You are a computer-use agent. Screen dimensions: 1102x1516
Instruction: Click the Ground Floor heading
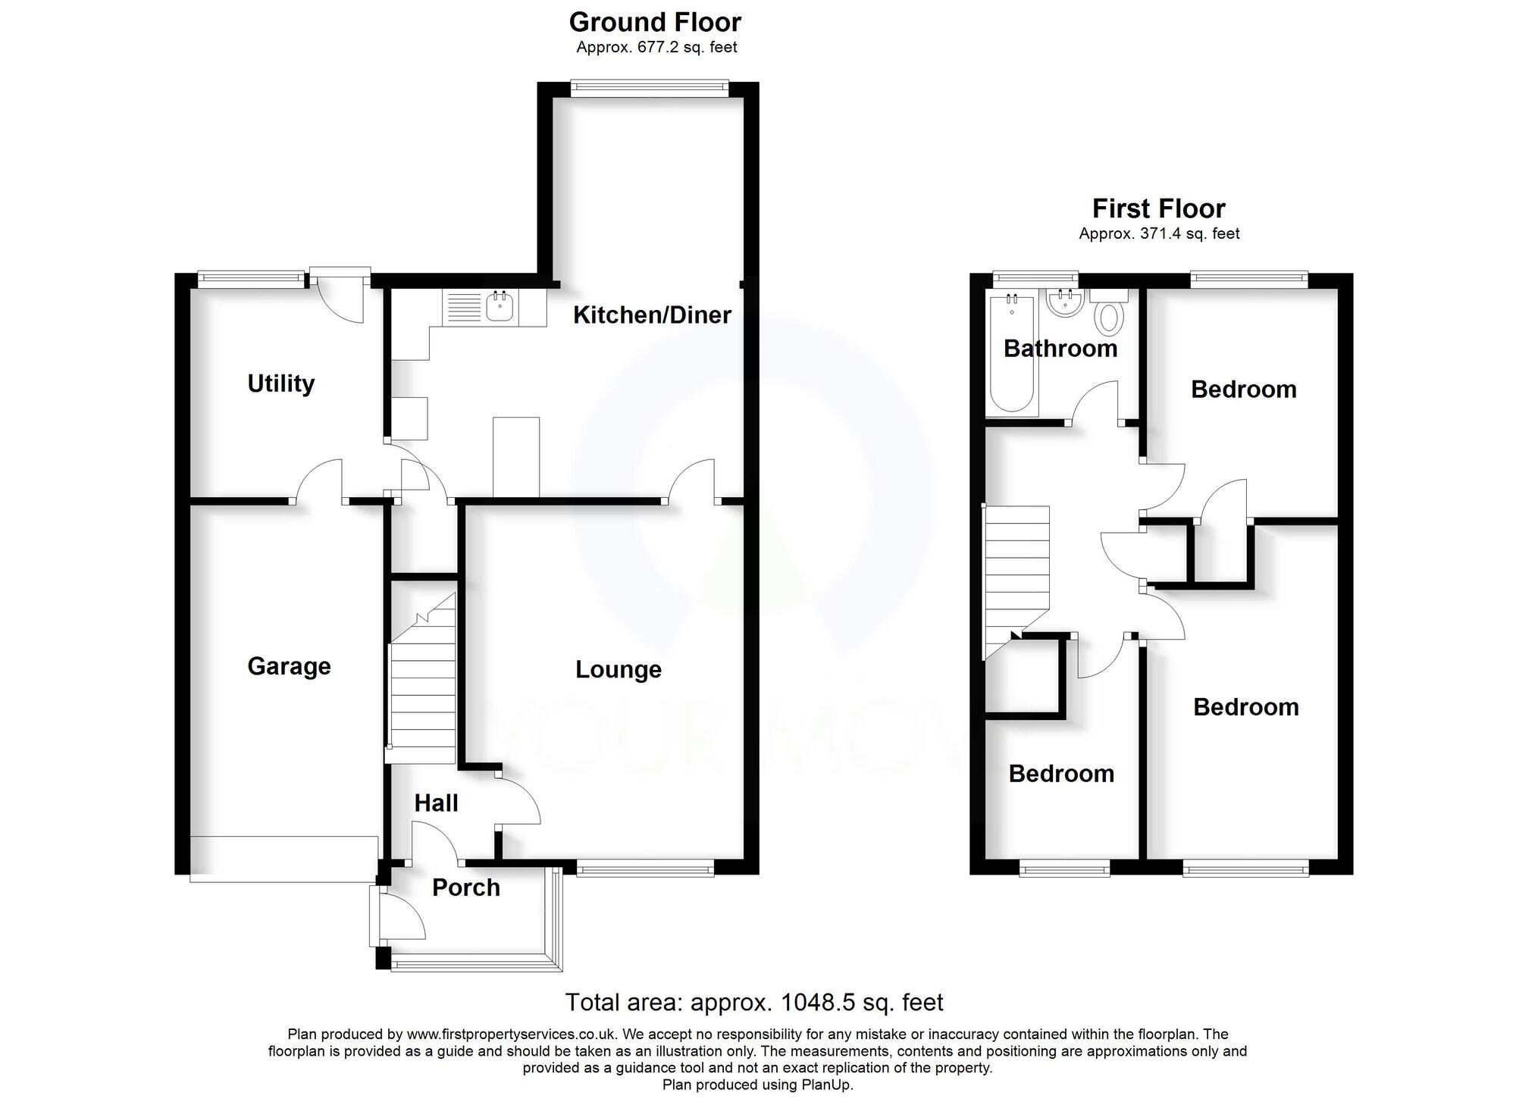(x=655, y=22)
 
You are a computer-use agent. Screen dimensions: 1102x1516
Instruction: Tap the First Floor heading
(x=1158, y=208)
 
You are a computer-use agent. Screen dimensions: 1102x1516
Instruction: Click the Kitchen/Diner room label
(x=652, y=315)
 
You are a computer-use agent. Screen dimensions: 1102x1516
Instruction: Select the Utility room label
(x=280, y=384)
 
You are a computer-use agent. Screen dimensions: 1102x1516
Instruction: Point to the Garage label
(x=289, y=666)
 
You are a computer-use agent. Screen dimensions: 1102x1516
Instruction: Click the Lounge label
(x=618, y=669)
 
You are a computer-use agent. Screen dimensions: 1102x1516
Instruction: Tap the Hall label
(x=436, y=803)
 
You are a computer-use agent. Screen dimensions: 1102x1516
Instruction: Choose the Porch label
(x=465, y=888)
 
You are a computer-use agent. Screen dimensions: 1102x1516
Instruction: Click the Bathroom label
(x=1060, y=349)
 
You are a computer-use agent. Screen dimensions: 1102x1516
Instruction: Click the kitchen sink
(x=500, y=308)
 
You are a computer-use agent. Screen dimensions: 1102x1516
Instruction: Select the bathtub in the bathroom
(x=1011, y=354)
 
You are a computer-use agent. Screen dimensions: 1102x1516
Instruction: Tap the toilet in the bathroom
(x=1109, y=314)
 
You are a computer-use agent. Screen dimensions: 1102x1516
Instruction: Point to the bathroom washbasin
(x=1063, y=305)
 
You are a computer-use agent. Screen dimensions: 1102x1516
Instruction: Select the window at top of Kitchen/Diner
(x=649, y=88)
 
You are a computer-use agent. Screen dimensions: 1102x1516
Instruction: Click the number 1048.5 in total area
(x=819, y=1003)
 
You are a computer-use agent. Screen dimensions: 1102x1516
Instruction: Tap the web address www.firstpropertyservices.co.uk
(x=513, y=1034)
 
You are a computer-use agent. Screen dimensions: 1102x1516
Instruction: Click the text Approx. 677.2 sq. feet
(x=656, y=47)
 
